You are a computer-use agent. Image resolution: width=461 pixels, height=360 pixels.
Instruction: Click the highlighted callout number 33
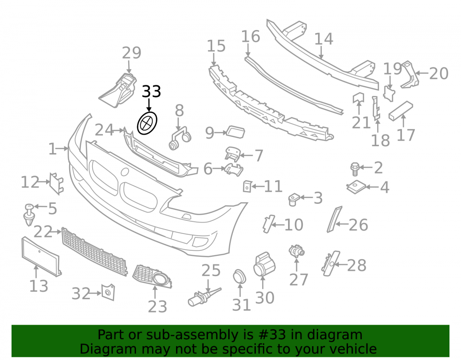[151, 91]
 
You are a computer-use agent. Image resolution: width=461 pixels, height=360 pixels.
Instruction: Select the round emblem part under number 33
[148, 123]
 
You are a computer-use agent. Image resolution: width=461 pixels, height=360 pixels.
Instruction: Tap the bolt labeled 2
[355, 169]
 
